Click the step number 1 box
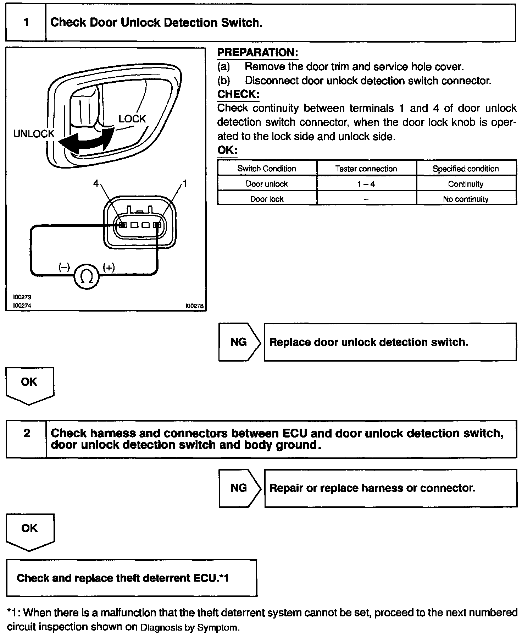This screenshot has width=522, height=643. pyautogui.click(x=26, y=23)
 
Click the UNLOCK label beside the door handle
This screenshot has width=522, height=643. pyautogui.click(x=34, y=134)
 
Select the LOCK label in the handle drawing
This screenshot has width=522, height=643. pyautogui.click(x=132, y=119)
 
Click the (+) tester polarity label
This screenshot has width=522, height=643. pyautogui.click(x=109, y=268)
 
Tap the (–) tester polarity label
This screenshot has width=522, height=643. pyautogui.click(x=64, y=268)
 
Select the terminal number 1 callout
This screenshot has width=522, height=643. pyautogui.click(x=184, y=183)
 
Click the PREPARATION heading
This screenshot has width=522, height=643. pyautogui.click(x=257, y=53)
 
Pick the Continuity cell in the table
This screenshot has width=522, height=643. pyautogui.click(x=466, y=184)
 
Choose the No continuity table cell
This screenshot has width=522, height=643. pyautogui.click(x=466, y=199)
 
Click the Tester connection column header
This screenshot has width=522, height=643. pyautogui.click(x=366, y=169)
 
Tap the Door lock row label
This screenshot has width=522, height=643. pyautogui.click(x=267, y=199)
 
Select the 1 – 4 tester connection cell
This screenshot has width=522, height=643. pyautogui.click(x=366, y=184)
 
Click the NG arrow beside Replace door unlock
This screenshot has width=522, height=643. pyautogui.click(x=239, y=342)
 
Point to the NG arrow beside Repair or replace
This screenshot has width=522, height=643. pyautogui.click(x=239, y=488)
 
